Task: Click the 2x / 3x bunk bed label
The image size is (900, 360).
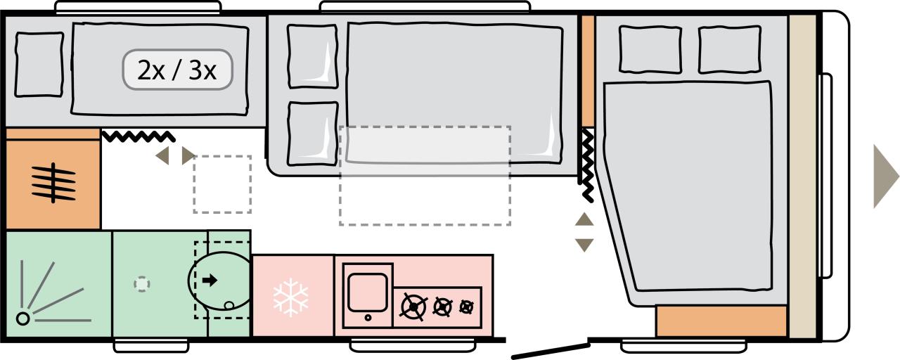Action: point(177,70)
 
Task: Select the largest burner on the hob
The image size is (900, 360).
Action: point(413,307)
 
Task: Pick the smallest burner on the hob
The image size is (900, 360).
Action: point(466,306)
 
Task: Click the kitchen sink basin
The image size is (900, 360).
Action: point(368,290)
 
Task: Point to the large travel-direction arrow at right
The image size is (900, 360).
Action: point(885,176)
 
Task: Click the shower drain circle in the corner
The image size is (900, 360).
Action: point(23,319)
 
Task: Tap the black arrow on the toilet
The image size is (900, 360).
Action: point(210,281)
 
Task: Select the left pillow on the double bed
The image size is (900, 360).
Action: point(649,49)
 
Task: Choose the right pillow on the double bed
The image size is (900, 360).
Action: point(729,49)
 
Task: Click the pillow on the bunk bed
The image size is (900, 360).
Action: point(39,64)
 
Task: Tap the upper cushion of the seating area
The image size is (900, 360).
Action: point(312,56)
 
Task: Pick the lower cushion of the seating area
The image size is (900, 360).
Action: point(312,134)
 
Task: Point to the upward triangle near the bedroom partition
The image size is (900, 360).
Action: point(584,219)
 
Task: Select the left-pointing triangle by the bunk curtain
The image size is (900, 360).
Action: point(162,155)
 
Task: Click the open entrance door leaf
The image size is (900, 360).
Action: point(550,350)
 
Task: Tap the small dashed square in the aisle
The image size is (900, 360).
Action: point(222,184)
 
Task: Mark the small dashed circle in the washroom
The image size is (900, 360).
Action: point(142,284)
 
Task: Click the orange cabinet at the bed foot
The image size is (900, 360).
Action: point(721,321)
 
